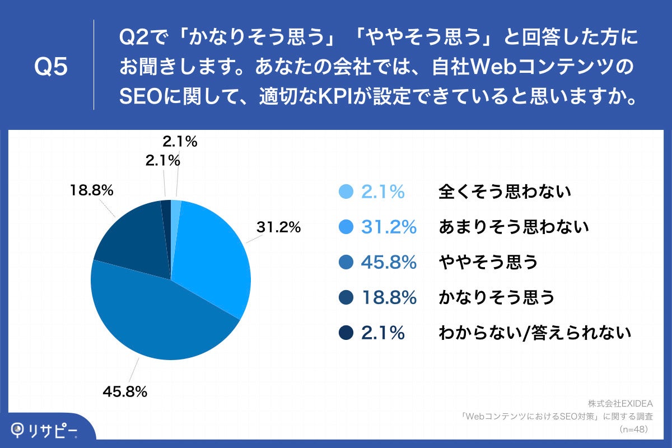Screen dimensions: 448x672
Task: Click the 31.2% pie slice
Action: [210, 252]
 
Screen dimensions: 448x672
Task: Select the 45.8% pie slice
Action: [162, 319]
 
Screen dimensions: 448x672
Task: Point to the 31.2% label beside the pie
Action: [278, 227]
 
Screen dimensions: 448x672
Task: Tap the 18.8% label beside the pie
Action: [92, 190]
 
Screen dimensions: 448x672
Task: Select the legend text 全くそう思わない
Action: [505, 192]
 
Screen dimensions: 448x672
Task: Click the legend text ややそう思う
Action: [488, 262]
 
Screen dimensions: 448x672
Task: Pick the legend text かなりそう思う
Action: [496, 297]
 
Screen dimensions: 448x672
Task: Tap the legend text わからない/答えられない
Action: [535, 333]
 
